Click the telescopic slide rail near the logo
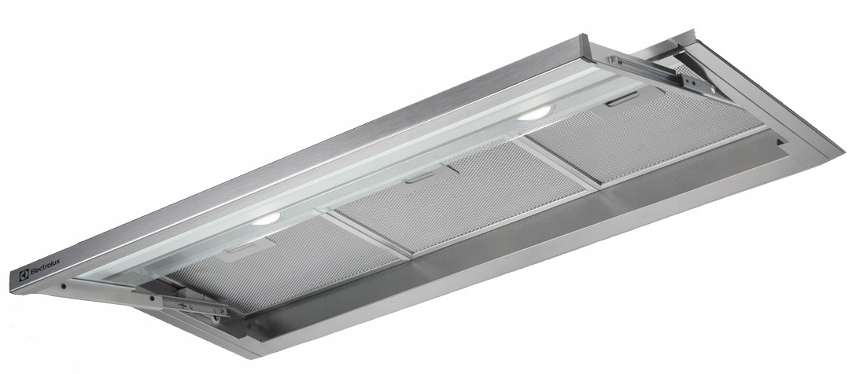pyautogui.click(x=177, y=302)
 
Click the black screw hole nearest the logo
pyautogui.click(x=63, y=286)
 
